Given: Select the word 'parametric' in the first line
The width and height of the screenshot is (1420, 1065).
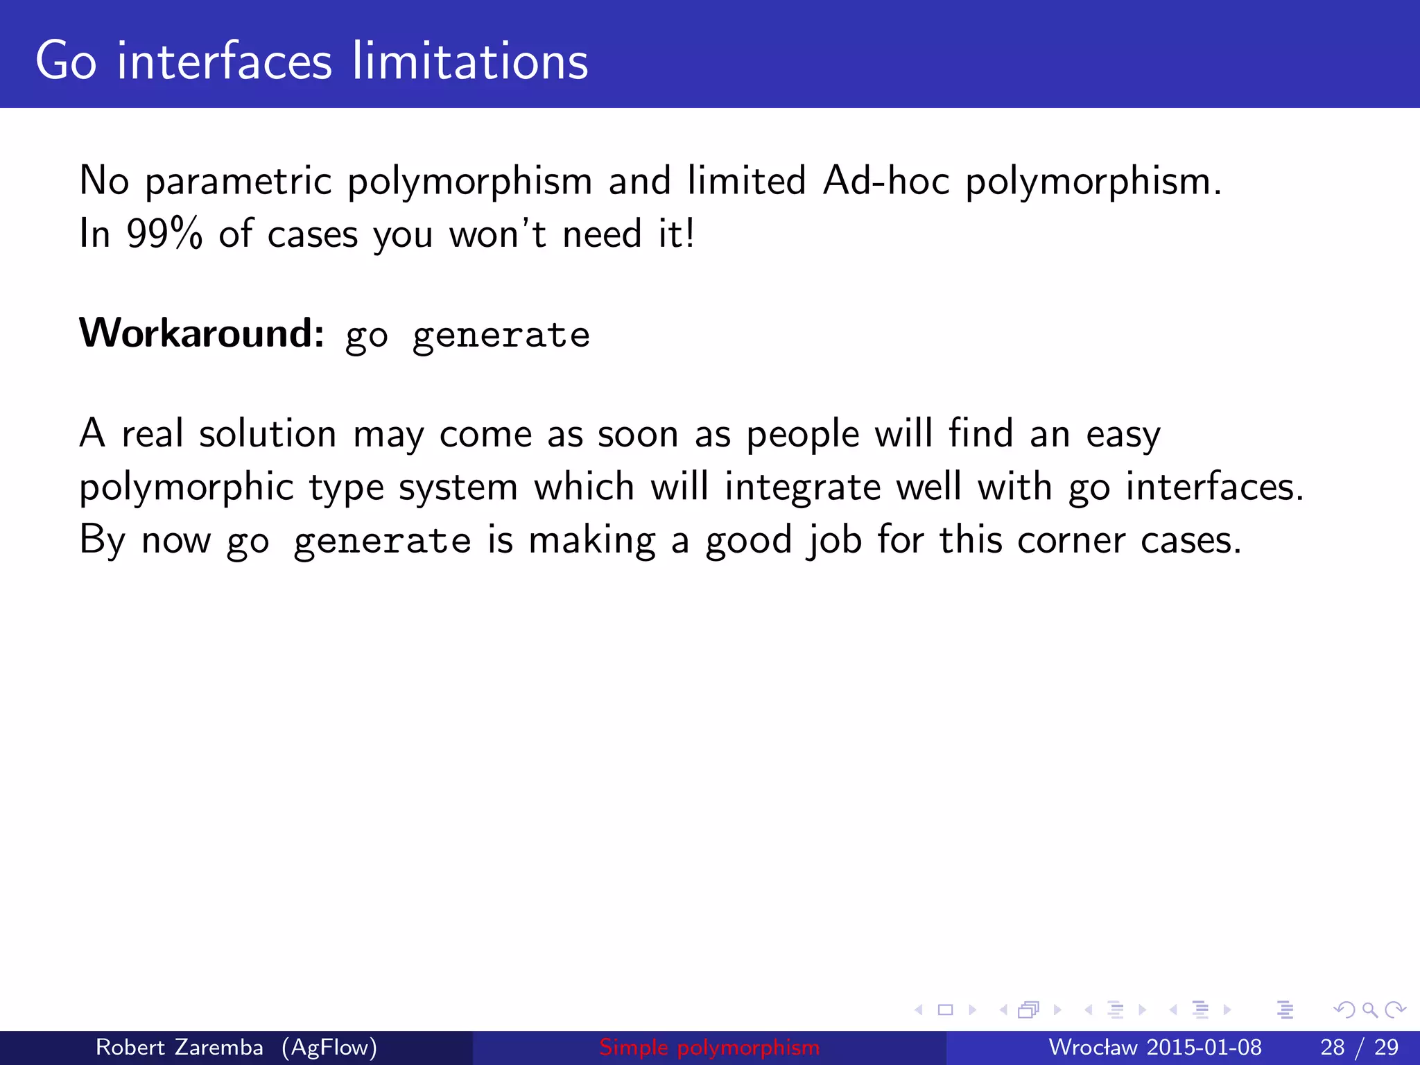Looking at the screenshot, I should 239,182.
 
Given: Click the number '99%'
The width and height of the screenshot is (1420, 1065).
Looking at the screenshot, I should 164,234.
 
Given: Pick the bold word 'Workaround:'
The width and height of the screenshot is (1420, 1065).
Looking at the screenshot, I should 201,333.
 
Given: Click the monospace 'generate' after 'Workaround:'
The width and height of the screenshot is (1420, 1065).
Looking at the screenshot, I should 501,336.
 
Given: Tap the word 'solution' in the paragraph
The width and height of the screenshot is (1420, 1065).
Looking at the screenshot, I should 268,434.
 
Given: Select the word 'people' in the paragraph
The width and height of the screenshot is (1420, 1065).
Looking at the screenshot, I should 803,435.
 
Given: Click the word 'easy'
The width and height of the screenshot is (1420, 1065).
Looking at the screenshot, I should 1123,435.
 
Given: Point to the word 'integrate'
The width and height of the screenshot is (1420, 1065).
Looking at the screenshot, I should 803,487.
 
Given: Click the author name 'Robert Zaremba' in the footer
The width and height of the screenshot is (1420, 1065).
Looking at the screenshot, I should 179,1047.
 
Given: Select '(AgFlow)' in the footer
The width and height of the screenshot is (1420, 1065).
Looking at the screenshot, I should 329,1047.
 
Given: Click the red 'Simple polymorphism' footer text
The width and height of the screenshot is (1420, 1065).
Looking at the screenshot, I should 709,1047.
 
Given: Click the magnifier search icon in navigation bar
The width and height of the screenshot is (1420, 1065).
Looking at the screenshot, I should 1369,1010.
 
